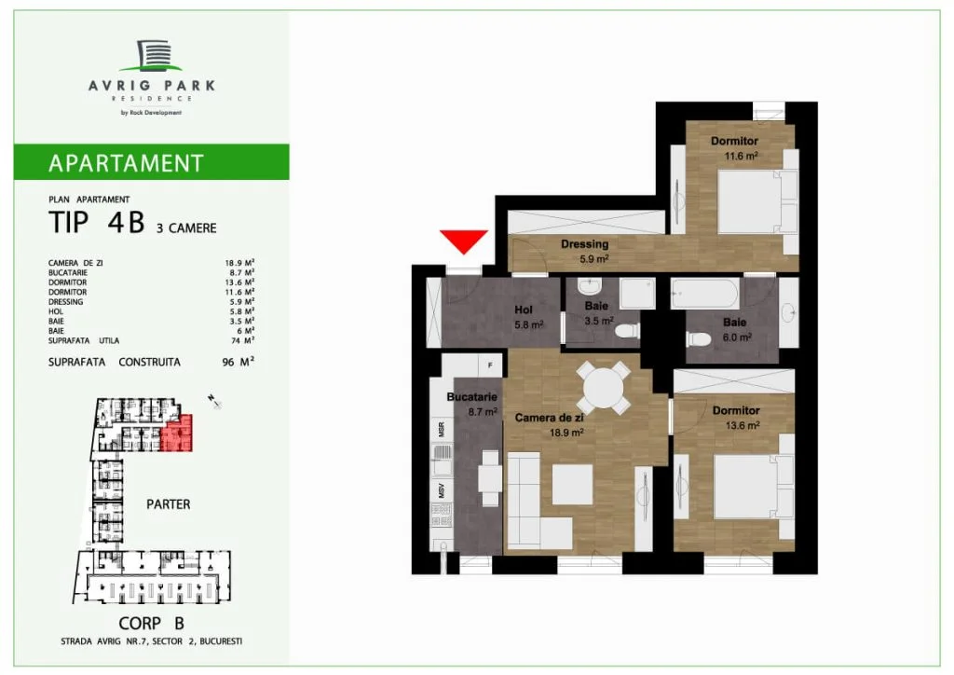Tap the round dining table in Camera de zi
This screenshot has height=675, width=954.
(602, 388)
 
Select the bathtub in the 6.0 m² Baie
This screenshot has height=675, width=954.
(704, 295)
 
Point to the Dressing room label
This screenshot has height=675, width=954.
(585, 244)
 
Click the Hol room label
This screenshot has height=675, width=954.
(524, 310)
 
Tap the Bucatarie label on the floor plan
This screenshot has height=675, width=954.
(471, 397)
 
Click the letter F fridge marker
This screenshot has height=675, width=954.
(490, 365)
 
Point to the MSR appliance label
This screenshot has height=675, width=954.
(441, 429)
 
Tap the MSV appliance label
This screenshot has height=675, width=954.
(441, 490)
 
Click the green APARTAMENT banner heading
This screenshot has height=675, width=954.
(126, 163)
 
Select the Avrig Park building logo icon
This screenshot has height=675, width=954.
(152, 55)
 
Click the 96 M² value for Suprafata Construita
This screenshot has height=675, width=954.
(238, 362)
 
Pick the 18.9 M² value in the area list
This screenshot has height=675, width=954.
(239, 263)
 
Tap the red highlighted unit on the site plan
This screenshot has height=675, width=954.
(177, 434)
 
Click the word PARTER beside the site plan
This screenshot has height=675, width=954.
(168, 504)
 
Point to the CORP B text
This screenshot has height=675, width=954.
(151, 624)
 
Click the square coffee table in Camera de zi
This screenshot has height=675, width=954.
(573, 484)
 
